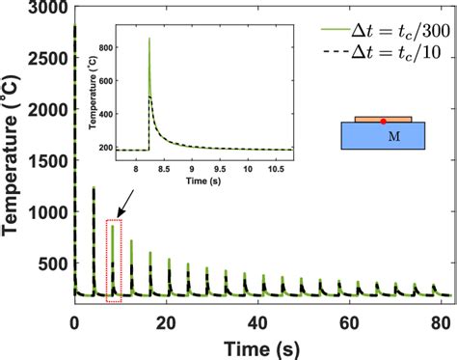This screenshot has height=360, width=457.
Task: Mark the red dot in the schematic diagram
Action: tap(383, 122)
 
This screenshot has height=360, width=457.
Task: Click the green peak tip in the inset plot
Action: tap(148, 38)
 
